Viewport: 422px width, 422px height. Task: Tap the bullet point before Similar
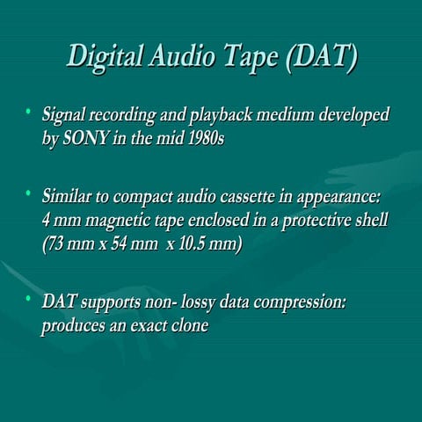(x=28, y=192)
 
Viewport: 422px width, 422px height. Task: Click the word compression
(x=297, y=305)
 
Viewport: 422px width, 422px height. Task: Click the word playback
(x=215, y=118)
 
